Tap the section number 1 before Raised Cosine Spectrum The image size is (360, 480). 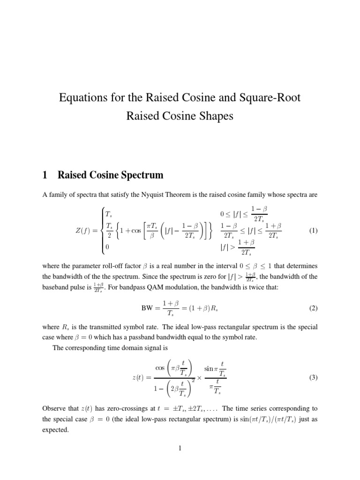(45, 175)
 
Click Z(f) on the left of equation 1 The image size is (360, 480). (85, 231)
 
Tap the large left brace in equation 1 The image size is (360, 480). (100, 231)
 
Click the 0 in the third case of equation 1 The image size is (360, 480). (107, 246)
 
